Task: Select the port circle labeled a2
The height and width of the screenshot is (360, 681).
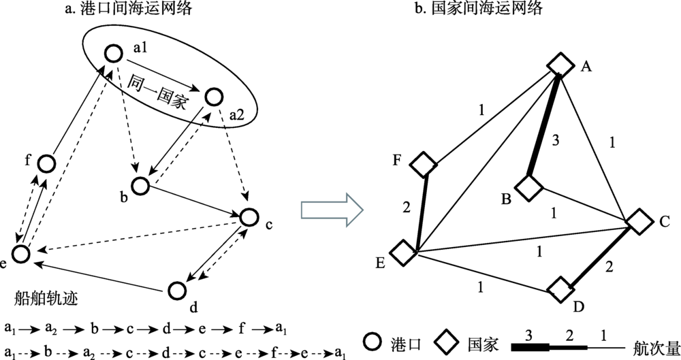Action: pos(214,97)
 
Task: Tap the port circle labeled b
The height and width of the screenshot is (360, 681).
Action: pos(140,185)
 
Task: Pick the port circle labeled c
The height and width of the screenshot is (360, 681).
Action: pos(250,217)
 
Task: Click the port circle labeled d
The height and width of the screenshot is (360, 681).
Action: pos(176,290)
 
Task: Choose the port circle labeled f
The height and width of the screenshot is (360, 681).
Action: pos(46,163)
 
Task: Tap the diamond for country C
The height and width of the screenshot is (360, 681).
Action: pos(639,222)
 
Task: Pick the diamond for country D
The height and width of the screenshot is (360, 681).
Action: pos(561,289)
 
